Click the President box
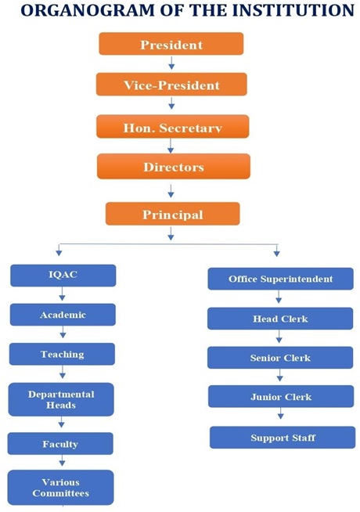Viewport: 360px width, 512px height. (x=171, y=43)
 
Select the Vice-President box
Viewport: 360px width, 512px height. (x=171, y=85)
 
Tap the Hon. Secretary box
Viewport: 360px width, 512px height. (x=173, y=126)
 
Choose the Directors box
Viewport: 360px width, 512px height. (x=174, y=167)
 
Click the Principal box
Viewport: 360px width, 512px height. (x=173, y=214)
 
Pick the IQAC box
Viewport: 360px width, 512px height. (x=63, y=276)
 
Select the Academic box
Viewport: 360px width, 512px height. (x=63, y=315)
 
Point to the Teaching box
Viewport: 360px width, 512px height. (x=62, y=354)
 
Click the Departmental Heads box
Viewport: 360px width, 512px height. (x=61, y=399)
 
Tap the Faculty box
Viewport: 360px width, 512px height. (x=60, y=444)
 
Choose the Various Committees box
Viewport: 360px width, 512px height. (x=61, y=488)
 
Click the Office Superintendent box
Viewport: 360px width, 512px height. (x=281, y=279)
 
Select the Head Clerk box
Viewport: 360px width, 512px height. (x=280, y=319)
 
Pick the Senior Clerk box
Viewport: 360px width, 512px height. (x=280, y=358)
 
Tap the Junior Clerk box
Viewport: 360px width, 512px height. (x=281, y=396)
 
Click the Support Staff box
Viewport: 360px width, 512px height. (x=283, y=438)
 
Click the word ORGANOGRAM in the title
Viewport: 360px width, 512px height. (x=88, y=10)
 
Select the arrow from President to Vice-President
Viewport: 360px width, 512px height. (x=171, y=63)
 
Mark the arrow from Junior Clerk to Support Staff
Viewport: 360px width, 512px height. (x=281, y=414)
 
